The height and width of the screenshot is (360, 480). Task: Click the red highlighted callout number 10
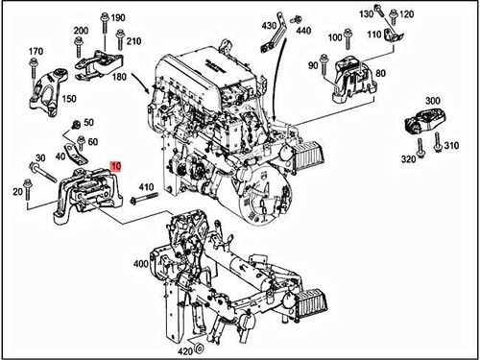[x=115, y=166]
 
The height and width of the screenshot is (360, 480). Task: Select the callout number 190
[x=118, y=17]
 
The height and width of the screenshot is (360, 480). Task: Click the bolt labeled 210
[x=120, y=39]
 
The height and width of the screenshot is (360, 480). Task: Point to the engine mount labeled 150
[x=49, y=90]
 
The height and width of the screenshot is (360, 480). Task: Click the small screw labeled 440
[x=295, y=20]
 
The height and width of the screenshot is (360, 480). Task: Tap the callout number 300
[x=432, y=101]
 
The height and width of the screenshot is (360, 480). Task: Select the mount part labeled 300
[x=424, y=121]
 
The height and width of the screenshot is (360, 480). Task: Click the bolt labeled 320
[x=420, y=148]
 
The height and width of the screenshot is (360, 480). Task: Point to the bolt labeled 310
[x=437, y=142]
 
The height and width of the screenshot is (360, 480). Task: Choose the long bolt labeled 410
[x=144, y=198]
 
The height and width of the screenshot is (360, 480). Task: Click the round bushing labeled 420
[x=200, y=348]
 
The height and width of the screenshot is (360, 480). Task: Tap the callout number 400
[x=141, y=264]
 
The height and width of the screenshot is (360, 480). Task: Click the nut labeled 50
[x=76, y=124]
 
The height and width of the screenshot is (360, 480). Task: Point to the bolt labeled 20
[x=28, y=189]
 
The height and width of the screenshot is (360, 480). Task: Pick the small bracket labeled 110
[x=394, y=36]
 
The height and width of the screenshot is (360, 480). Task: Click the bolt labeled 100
[x=348, y=39]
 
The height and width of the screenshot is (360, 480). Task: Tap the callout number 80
[x=380, y=73]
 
